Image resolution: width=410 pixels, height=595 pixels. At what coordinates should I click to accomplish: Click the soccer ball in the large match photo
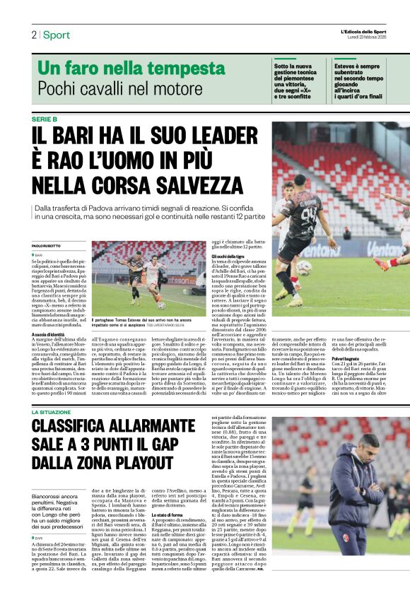303,266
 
